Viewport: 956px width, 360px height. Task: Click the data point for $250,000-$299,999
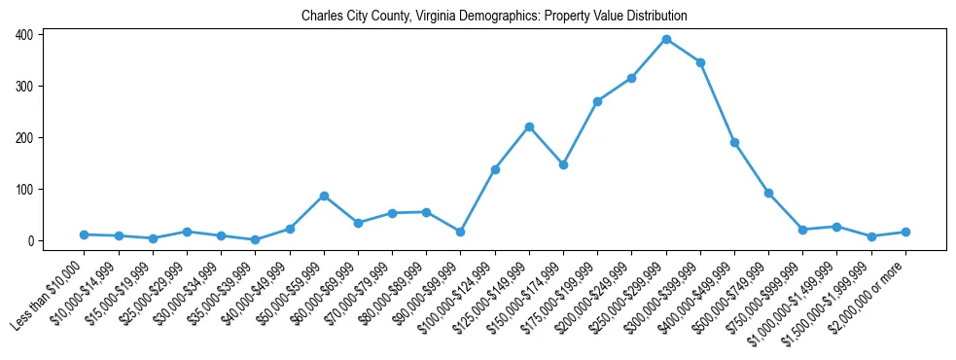(666, 39)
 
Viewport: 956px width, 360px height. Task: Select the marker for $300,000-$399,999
(700, 62)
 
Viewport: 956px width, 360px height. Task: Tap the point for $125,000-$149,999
(529, 126)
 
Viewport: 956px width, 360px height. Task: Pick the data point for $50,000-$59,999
(324, 196)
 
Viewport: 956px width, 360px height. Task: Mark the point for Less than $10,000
(85, 234)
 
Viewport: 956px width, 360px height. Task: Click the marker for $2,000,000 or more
(905, 232)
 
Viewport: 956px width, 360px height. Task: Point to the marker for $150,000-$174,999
(563, 164)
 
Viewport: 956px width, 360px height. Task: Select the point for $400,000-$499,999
(734, 142)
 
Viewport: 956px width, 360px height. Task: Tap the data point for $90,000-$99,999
(460, 232)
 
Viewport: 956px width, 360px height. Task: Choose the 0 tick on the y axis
(33, 241)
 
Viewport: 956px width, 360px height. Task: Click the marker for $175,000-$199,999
(597, 101)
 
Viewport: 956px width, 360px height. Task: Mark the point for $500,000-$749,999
(768, 193)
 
